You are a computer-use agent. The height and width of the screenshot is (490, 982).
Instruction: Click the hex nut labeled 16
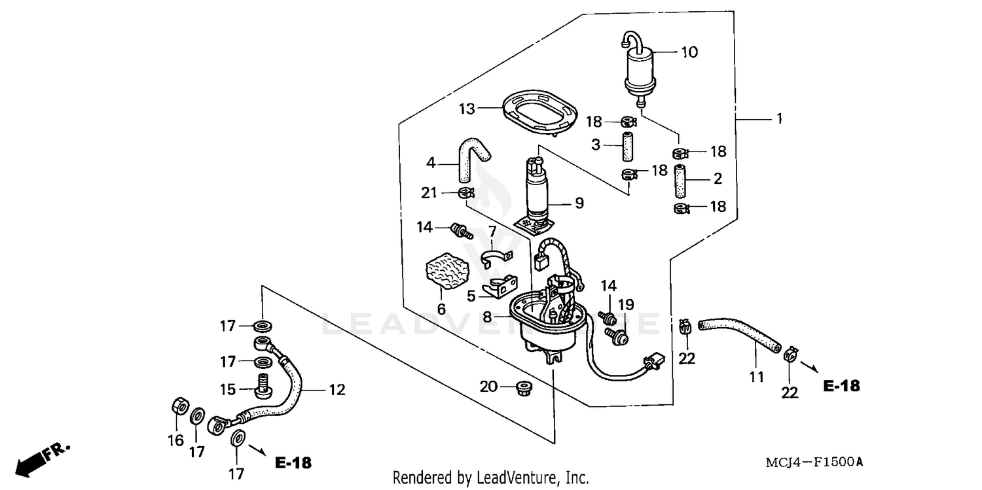tap(179, 407)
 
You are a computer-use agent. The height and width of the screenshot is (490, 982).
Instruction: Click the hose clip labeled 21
tap(465, 193)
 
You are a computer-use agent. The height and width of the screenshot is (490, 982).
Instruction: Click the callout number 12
tap(336, 391)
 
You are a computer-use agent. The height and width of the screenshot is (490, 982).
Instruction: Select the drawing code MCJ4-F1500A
tap(814, 463)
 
